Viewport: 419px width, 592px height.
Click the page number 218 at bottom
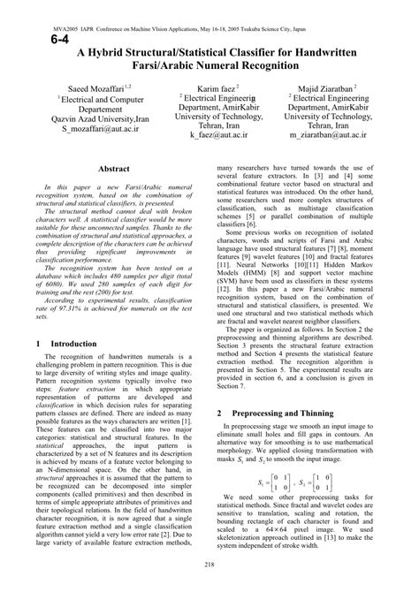(x=209, y=564)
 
